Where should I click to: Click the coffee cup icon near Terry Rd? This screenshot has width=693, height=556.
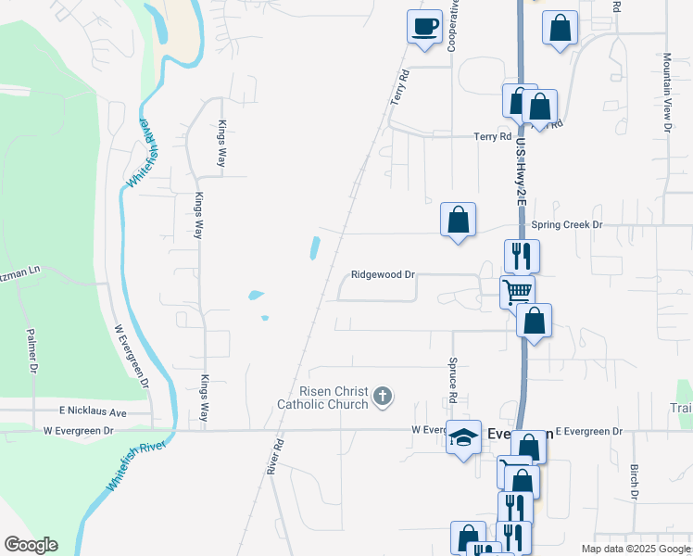click(x=424, y=26)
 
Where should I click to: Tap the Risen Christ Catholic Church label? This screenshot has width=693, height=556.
click(x=322, y=398)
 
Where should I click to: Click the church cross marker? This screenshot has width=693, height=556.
click(x=382, y=398)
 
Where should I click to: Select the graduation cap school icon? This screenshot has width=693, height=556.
click(x=462, y=436)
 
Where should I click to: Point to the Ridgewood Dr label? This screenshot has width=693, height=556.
click(x=382, y=275)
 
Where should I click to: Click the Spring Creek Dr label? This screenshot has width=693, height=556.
click(x=567, y=225)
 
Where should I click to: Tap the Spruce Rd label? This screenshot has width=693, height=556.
click(x=453, y=380)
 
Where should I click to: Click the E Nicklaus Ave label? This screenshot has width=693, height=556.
click(x=93, y=411)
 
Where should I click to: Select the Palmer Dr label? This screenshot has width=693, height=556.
click(x=31, y=350)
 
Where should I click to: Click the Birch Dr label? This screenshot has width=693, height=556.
click(x=635, y=482)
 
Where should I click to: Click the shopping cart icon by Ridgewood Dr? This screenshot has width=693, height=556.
click(x=517, y=291)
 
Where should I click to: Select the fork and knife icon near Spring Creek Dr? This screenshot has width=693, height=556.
click(x=522, y=254)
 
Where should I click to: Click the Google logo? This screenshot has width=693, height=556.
click(x=31, y=545)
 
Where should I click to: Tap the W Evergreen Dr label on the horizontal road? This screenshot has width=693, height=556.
click(x=78, y=431)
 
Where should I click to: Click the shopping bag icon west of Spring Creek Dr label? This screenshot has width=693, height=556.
click(x=458, y=221)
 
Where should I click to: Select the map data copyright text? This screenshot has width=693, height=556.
click(x=635, y=549)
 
